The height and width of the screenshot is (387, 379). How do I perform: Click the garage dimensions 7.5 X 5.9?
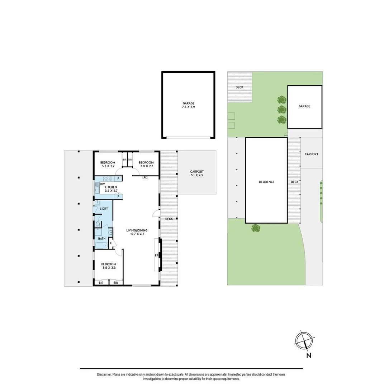click(188, 107)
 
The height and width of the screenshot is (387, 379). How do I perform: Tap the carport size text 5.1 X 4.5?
click(197, 176)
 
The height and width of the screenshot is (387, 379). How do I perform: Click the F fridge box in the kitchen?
click(118, 178)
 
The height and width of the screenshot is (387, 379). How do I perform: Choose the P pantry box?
click(118, 197)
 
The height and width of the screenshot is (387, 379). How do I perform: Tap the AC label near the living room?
click(145, 177)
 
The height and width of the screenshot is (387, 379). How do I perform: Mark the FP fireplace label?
click(156, 255)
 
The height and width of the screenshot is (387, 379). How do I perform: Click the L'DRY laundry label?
click(104, 209)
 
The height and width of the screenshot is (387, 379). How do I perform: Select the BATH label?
click(102, 239)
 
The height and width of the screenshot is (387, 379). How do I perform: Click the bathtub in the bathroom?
click(101, 246)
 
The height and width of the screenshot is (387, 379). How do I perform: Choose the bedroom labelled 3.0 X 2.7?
click(146, 164)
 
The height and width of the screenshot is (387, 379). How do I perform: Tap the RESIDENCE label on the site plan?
click(266, 182)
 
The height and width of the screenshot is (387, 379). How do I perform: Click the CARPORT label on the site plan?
click(311, 154)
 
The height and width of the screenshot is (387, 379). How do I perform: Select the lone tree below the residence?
click(256, 228)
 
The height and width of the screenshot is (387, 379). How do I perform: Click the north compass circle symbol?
click(304, 340)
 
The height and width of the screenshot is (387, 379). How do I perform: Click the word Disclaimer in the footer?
click(104, 374)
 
